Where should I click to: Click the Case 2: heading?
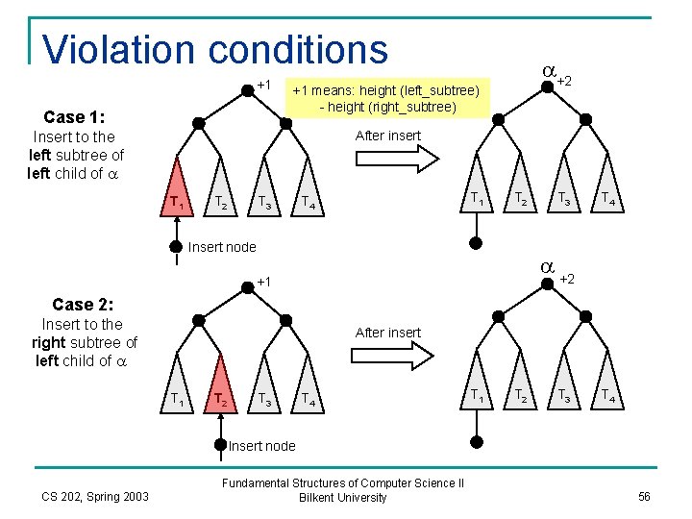click(x=83, y=304)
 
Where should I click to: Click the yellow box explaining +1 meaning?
click(x=386, y=98)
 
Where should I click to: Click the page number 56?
click(x=644, y=496)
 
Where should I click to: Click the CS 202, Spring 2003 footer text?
click(x=95, y=496)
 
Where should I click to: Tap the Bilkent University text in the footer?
click(x=343, y=497)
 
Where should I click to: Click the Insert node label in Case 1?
click(x=222, y=247)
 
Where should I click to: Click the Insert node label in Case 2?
click(x=262, y=445)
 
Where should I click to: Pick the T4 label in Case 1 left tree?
click(x=305, y=202)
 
